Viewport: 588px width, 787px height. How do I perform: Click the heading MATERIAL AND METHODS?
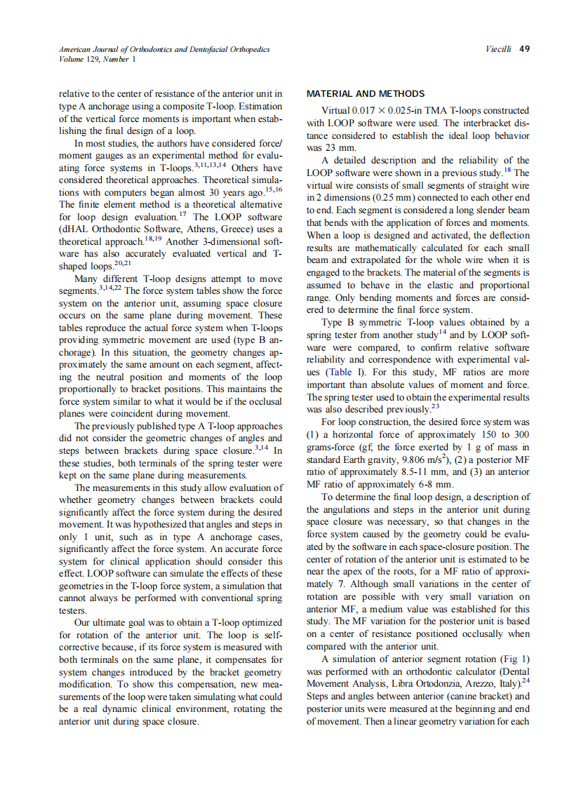coord(366,93)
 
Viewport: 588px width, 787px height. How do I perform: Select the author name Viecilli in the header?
coord(499,49)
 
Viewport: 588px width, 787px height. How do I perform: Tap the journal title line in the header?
coord(163,49)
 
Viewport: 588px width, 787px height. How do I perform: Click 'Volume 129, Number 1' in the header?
coord(98,60)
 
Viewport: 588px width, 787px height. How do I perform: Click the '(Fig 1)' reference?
coord(514,659)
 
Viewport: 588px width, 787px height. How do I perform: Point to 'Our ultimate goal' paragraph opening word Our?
coord(83,622)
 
